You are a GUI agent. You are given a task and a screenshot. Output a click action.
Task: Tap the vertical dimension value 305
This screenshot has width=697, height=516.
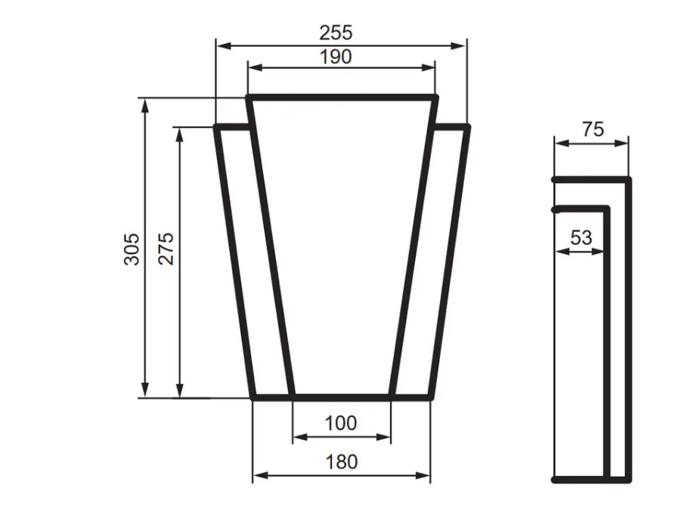(132, 248)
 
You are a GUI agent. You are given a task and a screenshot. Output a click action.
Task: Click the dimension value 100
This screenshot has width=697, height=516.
(340, 423)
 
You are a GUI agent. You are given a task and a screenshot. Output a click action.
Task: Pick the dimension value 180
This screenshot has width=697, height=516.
(341, 462)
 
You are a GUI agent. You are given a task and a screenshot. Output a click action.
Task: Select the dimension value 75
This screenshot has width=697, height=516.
(593, 129)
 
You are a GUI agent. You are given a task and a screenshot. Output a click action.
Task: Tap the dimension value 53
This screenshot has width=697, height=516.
(581, 238)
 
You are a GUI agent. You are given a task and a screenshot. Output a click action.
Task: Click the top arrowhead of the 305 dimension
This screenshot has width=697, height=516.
(144, 104)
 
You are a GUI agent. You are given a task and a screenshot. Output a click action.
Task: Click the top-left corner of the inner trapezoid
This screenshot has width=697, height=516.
(249, 97)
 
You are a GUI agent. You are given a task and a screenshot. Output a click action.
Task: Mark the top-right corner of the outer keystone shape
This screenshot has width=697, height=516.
(468, 126)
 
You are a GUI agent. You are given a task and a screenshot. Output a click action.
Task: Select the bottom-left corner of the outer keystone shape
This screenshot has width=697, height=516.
(253, 396)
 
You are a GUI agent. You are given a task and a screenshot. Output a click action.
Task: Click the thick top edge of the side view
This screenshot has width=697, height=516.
(591, 179)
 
